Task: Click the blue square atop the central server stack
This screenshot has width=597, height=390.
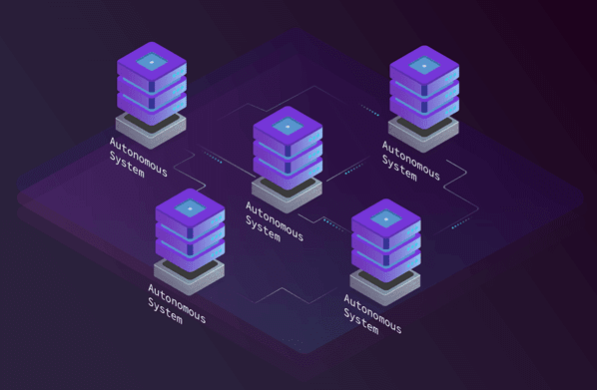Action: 288,126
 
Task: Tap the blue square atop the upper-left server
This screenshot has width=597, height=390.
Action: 152,62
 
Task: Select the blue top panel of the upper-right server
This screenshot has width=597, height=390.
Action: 424,66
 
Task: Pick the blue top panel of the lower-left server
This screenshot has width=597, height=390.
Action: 191,208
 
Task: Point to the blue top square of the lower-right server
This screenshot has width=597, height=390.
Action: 386,218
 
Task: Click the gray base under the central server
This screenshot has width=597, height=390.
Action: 287,195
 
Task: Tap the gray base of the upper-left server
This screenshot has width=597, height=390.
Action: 151,131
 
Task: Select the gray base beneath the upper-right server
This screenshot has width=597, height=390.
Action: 423,135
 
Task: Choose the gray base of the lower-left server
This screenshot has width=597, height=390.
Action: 190,277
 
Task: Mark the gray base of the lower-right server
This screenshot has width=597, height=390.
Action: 385,287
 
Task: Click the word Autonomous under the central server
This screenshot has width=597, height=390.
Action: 275,221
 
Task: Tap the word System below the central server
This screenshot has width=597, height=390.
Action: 264,228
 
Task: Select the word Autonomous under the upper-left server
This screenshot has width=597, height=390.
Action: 139,157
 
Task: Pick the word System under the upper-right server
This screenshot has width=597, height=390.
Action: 399,168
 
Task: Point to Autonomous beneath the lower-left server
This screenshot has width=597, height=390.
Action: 177,303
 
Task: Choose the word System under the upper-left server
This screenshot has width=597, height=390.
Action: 127,164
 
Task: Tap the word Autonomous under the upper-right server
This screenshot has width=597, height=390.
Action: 411,161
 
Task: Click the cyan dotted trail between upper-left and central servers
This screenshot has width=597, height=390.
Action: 214,158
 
